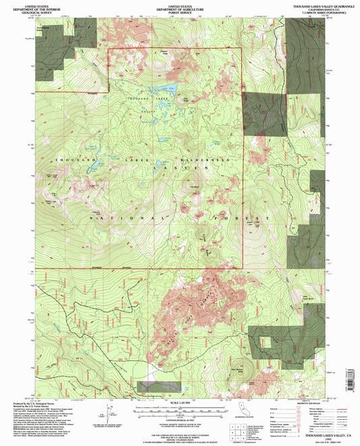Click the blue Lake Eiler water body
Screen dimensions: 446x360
[163, 89]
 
